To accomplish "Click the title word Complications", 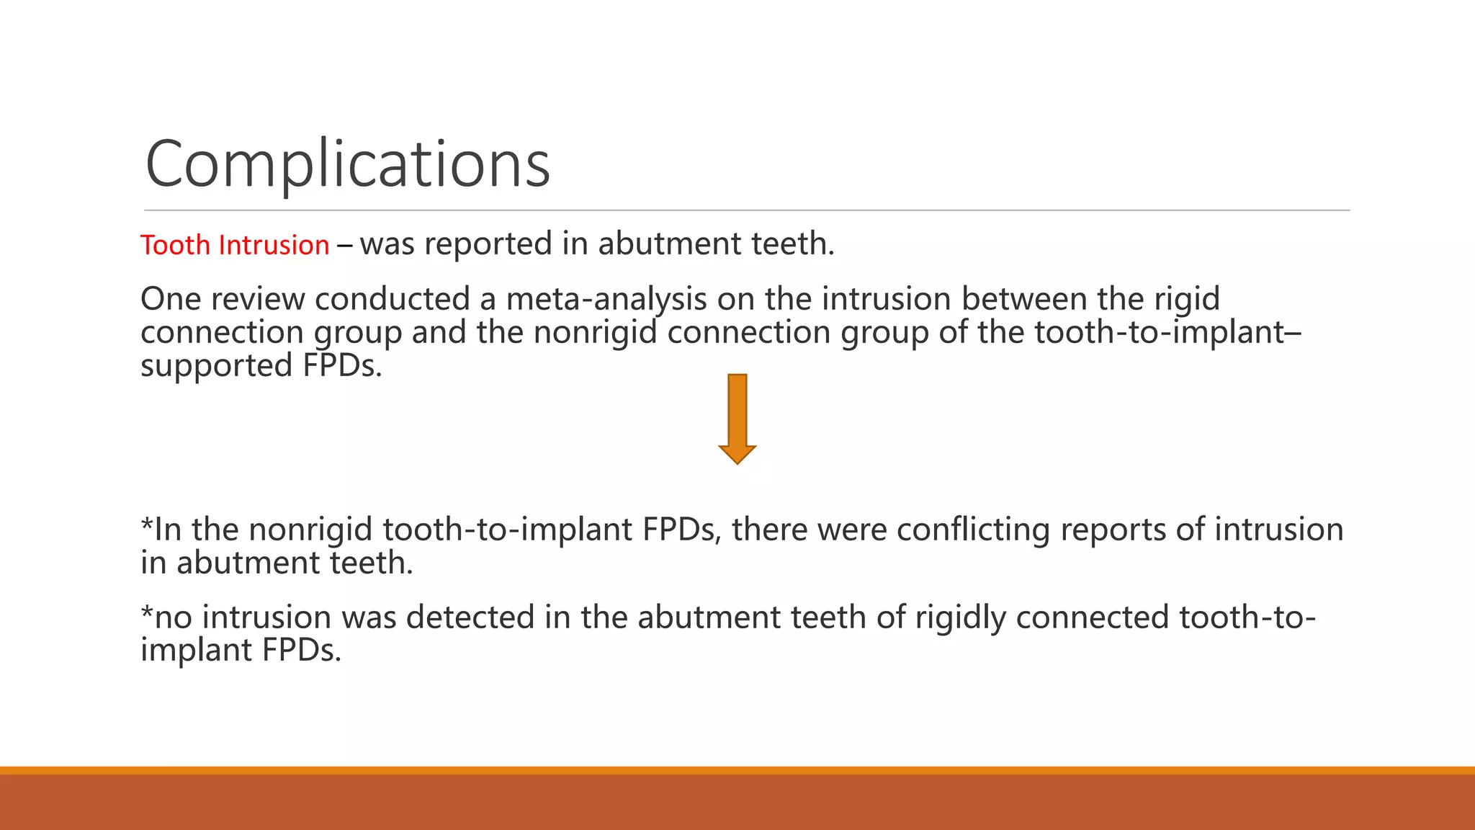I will click(348, 164).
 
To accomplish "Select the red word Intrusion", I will click(274, 245).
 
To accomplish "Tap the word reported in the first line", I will click(488, 244).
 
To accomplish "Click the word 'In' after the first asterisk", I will click(168, 530).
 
